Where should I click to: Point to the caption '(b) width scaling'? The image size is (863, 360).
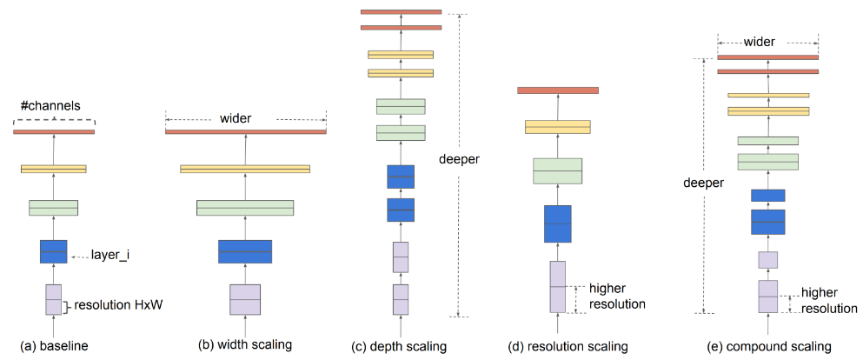click(245, 345)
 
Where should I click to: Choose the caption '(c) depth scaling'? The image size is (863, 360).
click(399, 346)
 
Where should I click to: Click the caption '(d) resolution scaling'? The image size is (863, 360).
click(568, 346)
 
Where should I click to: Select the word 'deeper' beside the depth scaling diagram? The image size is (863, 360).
click(460, 160)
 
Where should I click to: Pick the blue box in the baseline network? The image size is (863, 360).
click(54, 251)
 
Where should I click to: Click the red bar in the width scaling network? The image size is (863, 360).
click(245, 131)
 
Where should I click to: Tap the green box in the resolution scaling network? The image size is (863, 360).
click(556, 170)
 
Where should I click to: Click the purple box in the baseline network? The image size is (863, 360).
click(54, 299)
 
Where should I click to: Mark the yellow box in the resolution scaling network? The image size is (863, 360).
click(557, 127)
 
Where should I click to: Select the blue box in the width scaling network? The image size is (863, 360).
click(245, 251)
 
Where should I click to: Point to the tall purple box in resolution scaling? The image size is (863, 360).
click(557, 286)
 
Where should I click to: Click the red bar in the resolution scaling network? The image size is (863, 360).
click(557, 90)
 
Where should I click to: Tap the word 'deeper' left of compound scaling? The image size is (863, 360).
click(703, 183)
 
